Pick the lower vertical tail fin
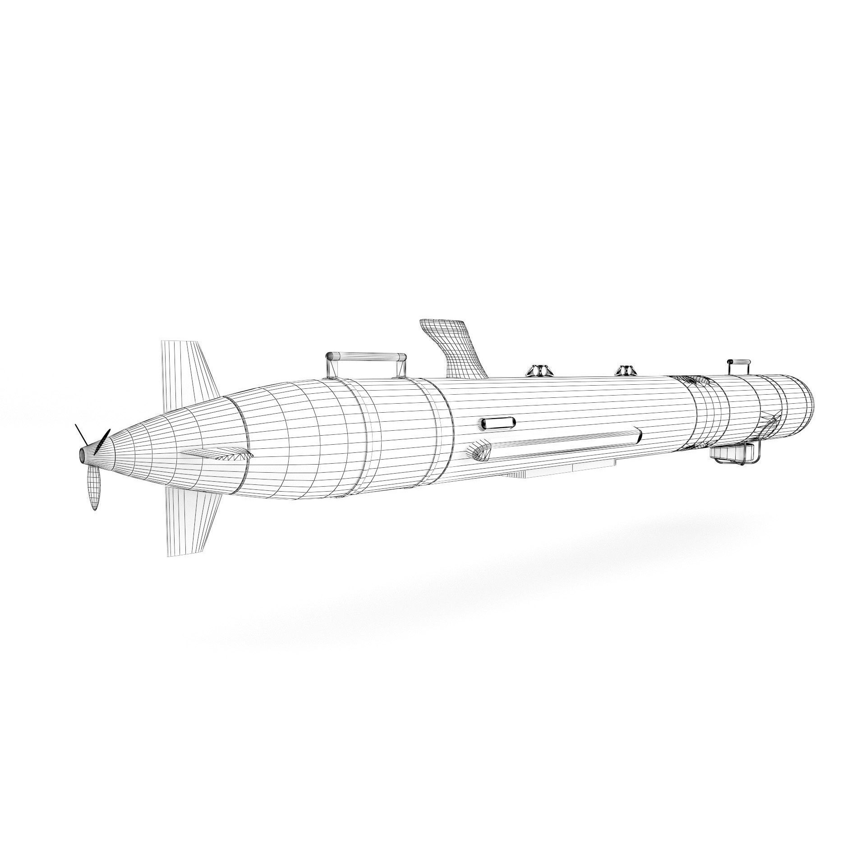coord(192,519)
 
